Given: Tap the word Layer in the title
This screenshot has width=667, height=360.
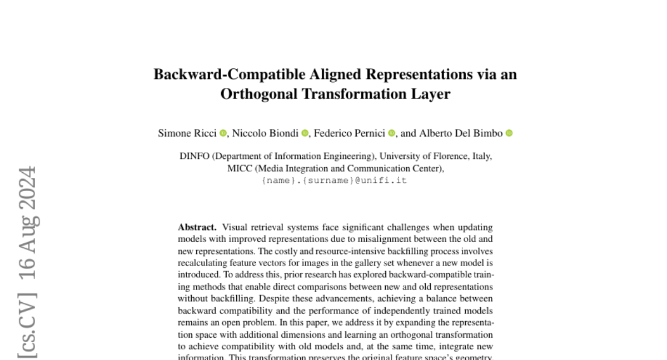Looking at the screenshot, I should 432,94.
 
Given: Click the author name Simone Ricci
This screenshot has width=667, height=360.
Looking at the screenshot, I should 187,133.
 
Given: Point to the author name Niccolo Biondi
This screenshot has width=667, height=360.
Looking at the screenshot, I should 265,133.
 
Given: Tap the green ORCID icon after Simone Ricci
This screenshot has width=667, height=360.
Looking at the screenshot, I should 223,133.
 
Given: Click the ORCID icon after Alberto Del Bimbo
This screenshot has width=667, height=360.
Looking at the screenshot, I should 509,133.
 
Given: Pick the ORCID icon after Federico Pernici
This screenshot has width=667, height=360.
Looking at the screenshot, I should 392,133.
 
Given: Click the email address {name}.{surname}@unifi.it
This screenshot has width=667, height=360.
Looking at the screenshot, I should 335,181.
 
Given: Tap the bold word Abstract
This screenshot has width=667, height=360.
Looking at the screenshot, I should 197,227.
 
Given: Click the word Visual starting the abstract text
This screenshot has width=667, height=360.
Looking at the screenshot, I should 234,227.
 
